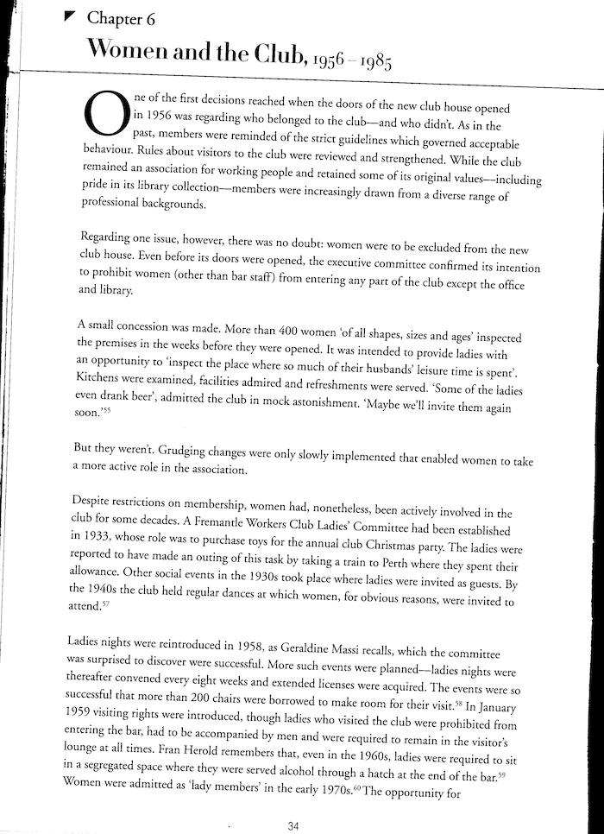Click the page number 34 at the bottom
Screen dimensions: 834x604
coord(293,826)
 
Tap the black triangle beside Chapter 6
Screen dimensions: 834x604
coord(72,16)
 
